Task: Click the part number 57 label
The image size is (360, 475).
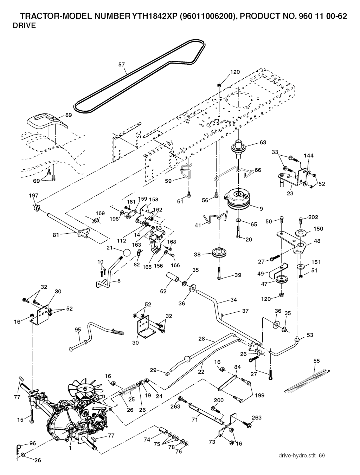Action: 121,65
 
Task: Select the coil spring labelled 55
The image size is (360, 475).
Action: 307,379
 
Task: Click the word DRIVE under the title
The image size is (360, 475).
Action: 24,26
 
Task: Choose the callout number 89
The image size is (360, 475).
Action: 68,115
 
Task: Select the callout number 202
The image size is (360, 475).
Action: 313,217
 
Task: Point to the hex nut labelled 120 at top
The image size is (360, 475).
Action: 219,84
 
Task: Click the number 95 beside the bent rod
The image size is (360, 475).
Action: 78,330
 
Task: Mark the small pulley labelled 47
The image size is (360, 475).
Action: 281,280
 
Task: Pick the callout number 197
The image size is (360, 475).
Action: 34,196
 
